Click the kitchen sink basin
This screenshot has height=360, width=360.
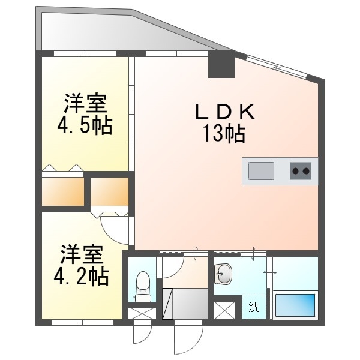click(260, 171)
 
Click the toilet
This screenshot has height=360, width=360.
click(143, 284)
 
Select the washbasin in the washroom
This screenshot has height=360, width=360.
click(223, 275)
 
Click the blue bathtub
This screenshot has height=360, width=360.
click(295, 304)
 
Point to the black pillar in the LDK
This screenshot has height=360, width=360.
click(221, 64)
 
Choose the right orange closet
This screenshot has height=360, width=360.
click(109, 191)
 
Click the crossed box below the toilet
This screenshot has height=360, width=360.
click(142, 313)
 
